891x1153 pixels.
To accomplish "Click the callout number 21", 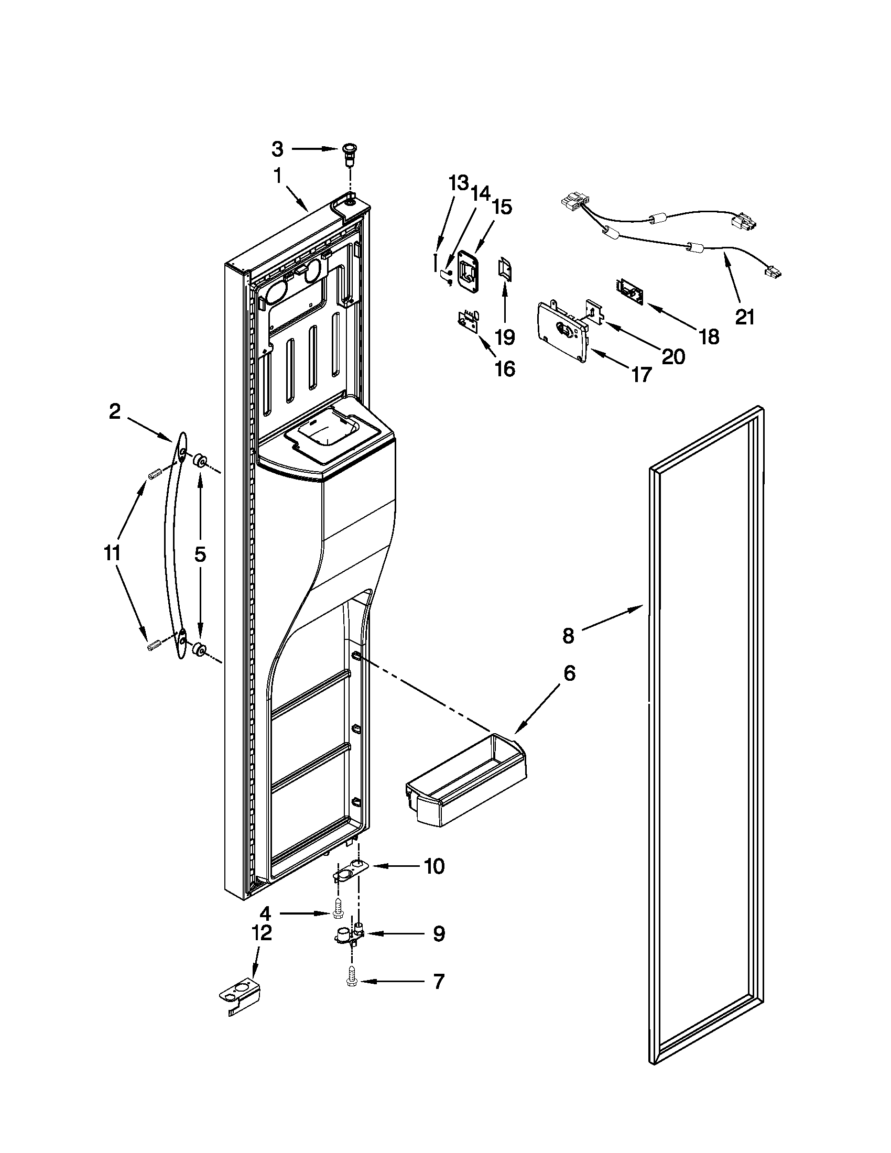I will pos(744,317).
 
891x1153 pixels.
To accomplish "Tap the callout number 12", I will pos(263,933).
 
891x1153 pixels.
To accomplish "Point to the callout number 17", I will pos(642,375).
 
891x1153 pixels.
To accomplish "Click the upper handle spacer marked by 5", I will pos(200,460).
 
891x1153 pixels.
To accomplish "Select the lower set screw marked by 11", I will pos(154,645).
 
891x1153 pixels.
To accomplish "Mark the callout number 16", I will pos(505,369).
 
